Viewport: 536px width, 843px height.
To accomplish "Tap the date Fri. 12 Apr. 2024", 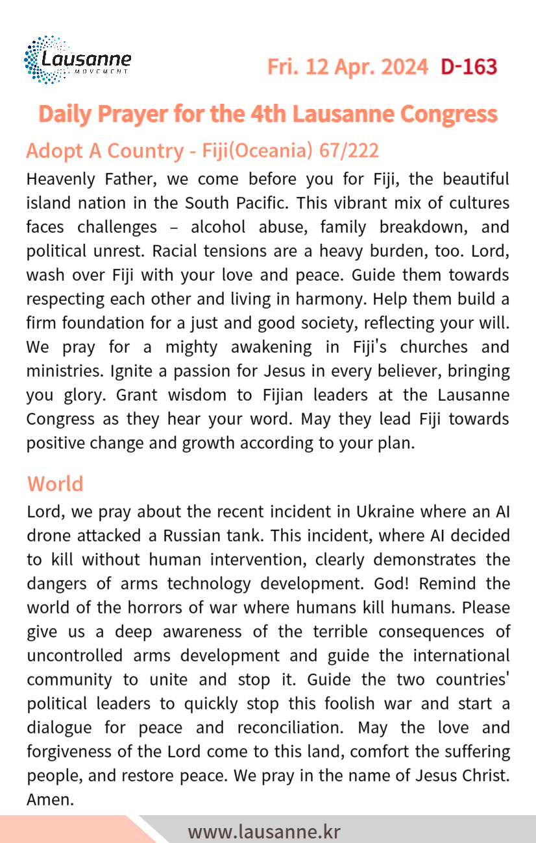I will coord(348,67).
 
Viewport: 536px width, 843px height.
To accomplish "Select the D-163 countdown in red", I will coord(469,67).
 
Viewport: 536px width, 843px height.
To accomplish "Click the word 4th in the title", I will coord(267,114).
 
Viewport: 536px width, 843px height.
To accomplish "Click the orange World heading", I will coord(55,484).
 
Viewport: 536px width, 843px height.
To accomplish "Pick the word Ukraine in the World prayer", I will coord(385,511).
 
